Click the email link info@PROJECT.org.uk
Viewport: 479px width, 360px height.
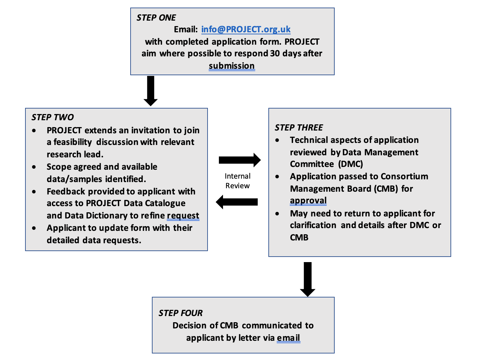point(246,29)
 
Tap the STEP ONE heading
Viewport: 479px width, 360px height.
point(156,18)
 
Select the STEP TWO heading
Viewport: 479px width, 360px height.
point(53,117)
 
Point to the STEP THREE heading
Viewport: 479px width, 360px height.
point(299,127)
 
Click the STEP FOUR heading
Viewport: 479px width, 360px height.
point(180,313)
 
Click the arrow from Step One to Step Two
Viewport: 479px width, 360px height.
point(151,91)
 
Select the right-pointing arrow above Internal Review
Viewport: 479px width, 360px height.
point(239,160)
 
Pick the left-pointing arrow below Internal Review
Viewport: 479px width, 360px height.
point(237,202)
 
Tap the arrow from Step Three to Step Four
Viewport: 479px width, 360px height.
point(308,279)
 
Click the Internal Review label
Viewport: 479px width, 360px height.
point(237,181)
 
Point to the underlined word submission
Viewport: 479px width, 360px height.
point(232,66)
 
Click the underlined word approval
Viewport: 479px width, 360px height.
point(308,200)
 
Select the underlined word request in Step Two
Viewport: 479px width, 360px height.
point(183,216)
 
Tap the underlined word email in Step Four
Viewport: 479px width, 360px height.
point(289,338)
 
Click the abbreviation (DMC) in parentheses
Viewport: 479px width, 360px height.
point(350,164)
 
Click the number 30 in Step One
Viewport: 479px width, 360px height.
point(275,54)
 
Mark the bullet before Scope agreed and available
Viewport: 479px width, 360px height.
point(34,167)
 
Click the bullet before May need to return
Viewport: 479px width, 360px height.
point(277,214)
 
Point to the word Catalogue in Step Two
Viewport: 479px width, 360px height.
point(165,203)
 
